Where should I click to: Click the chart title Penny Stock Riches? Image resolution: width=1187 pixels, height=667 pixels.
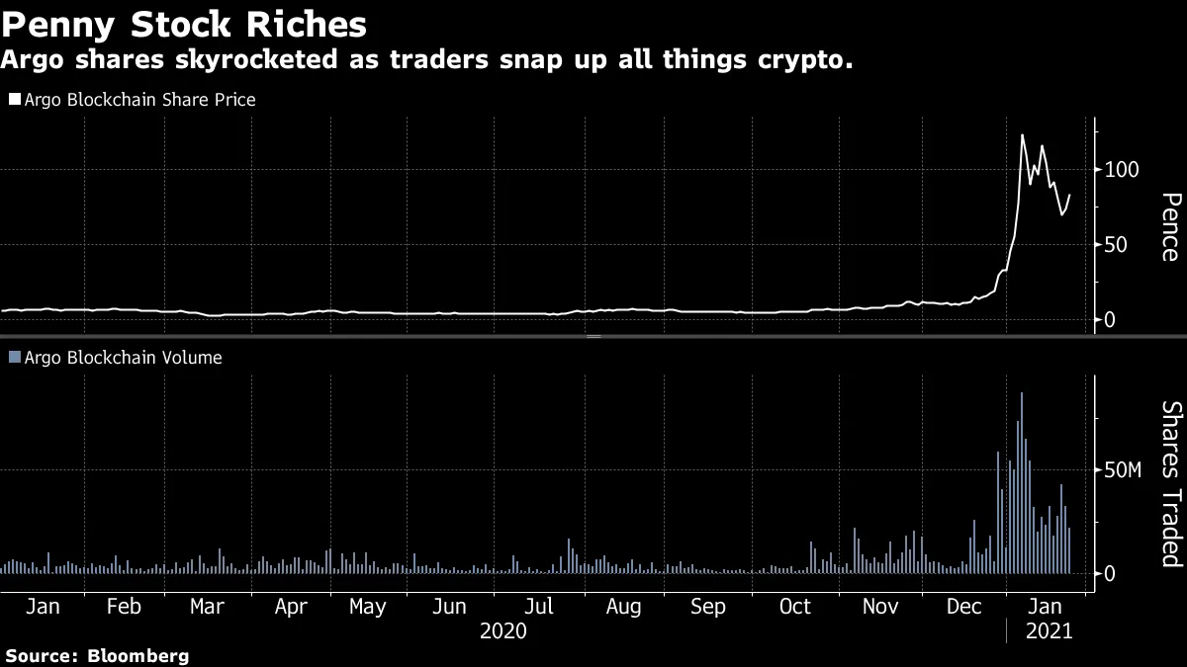pyautogui.click(x=184, y=24)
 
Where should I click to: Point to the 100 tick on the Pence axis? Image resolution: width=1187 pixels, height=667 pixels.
pyautogui.click(x=1123, y=170)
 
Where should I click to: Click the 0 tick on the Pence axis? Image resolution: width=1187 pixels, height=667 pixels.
pyautogui.click(x=1111, y=320)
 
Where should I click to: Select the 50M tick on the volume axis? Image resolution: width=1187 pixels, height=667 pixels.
pyautogui.click(x=1122, y=470)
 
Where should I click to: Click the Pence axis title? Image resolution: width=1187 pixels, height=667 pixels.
pyautogui.click(x=1169, y=226)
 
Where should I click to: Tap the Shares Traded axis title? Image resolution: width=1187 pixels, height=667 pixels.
pyautogui.click(x=1169, y=483)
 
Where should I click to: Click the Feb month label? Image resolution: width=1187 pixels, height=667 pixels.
pyautogui.click(x=124, y=607)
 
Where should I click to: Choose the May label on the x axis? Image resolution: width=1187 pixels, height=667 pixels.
pyautogui.click(x=367, y=607)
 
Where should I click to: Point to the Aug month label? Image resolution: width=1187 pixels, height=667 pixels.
pyautogui.click(x=624, y=607)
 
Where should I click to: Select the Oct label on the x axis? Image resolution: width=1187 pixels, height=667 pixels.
pyautogui.click(x=794, y=607)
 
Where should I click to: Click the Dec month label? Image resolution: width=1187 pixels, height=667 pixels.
pyautogui.click(x=964, y=607)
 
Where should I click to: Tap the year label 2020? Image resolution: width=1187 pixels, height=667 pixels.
pyautogui.click(x=502, y=629)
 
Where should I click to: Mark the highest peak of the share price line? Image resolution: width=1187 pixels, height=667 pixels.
pyautogui.click(x=1022, y=135)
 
